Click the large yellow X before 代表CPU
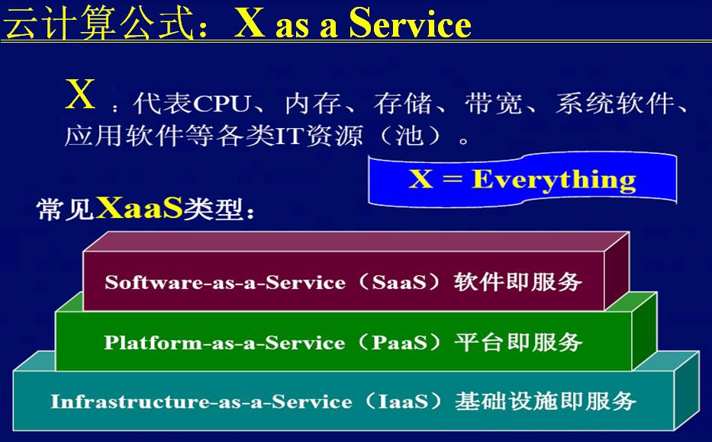[81, 95]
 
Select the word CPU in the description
[223, 103]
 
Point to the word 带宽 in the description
[489, 103]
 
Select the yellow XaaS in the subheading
[140, 208]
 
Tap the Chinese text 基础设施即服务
[545, 401]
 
